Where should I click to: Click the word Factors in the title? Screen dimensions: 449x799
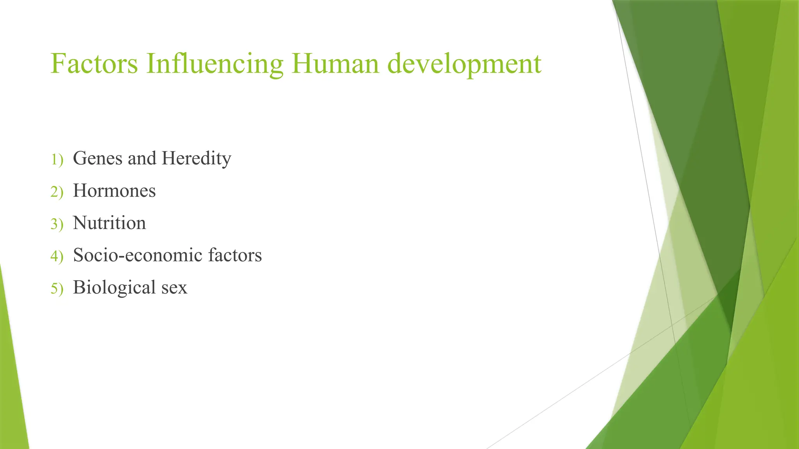coord(94,64)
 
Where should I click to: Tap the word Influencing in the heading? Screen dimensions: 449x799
coord(215,64)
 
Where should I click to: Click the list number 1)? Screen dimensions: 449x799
coord(57,159)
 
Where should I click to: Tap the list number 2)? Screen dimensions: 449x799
coord(57,192)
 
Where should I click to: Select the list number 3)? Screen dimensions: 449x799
coord(57,224)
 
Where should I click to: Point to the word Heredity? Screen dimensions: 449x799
coord(196,159)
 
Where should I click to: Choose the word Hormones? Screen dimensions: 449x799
coord(114,191)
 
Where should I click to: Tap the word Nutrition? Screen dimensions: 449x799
coord(109,223)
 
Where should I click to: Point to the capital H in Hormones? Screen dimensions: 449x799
coord(79,191)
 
